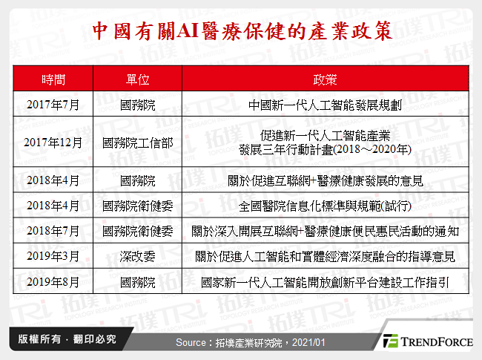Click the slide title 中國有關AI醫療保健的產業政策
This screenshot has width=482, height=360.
tap(241, 30)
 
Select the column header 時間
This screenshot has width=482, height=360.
tap(53, 79)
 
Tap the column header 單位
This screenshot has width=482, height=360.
tap(137, 79)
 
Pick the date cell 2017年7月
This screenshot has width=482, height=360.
tap(53, 103)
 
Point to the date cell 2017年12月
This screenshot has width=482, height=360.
tap(53, 142)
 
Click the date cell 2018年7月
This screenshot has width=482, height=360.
tap(53, 231)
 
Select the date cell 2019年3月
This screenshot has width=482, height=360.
tap(53, 256)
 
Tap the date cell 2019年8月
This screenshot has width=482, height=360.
tap(53, 282)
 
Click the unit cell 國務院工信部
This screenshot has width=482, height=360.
tap(137, 142)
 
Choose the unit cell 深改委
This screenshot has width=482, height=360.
tap(137, 256)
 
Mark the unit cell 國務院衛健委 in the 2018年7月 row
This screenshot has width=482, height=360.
tap(137, 231)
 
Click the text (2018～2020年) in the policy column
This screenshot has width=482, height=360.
tap(369, 148)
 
